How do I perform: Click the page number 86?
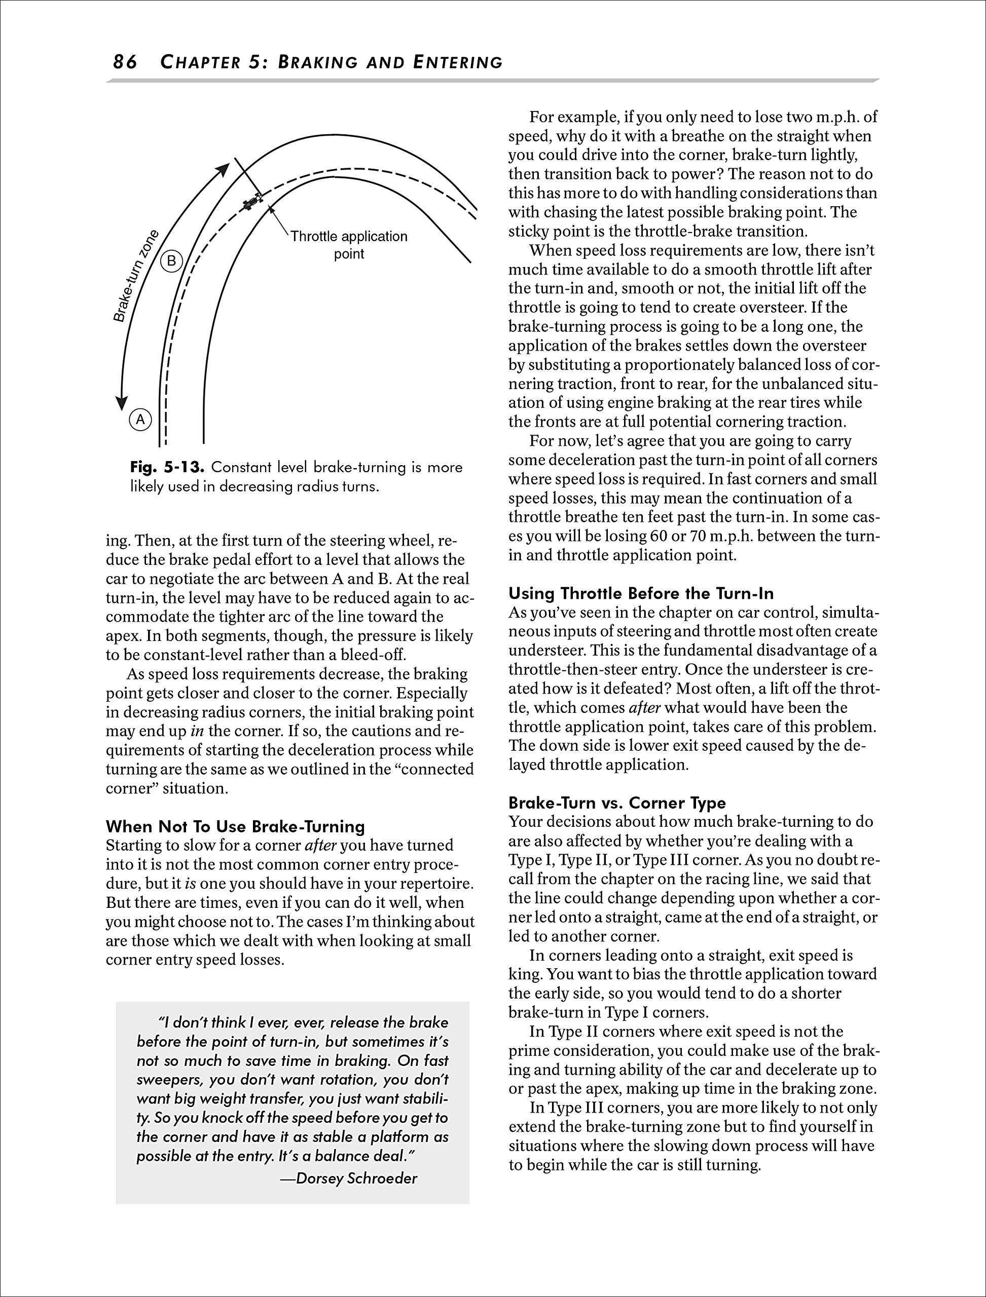click(125, 62)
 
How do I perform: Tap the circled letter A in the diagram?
click(140, 419)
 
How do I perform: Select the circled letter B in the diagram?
click(171, 260)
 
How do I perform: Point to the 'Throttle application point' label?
click(349, 245)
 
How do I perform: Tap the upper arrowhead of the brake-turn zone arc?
click(223, 168)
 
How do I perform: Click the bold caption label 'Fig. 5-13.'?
click(167, 468)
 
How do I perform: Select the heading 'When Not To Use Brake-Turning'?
click(235, 826)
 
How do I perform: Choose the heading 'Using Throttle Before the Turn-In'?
click(641, 593)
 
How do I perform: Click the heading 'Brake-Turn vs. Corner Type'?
click(617, 803)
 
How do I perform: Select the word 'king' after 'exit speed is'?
click(522, 974)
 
